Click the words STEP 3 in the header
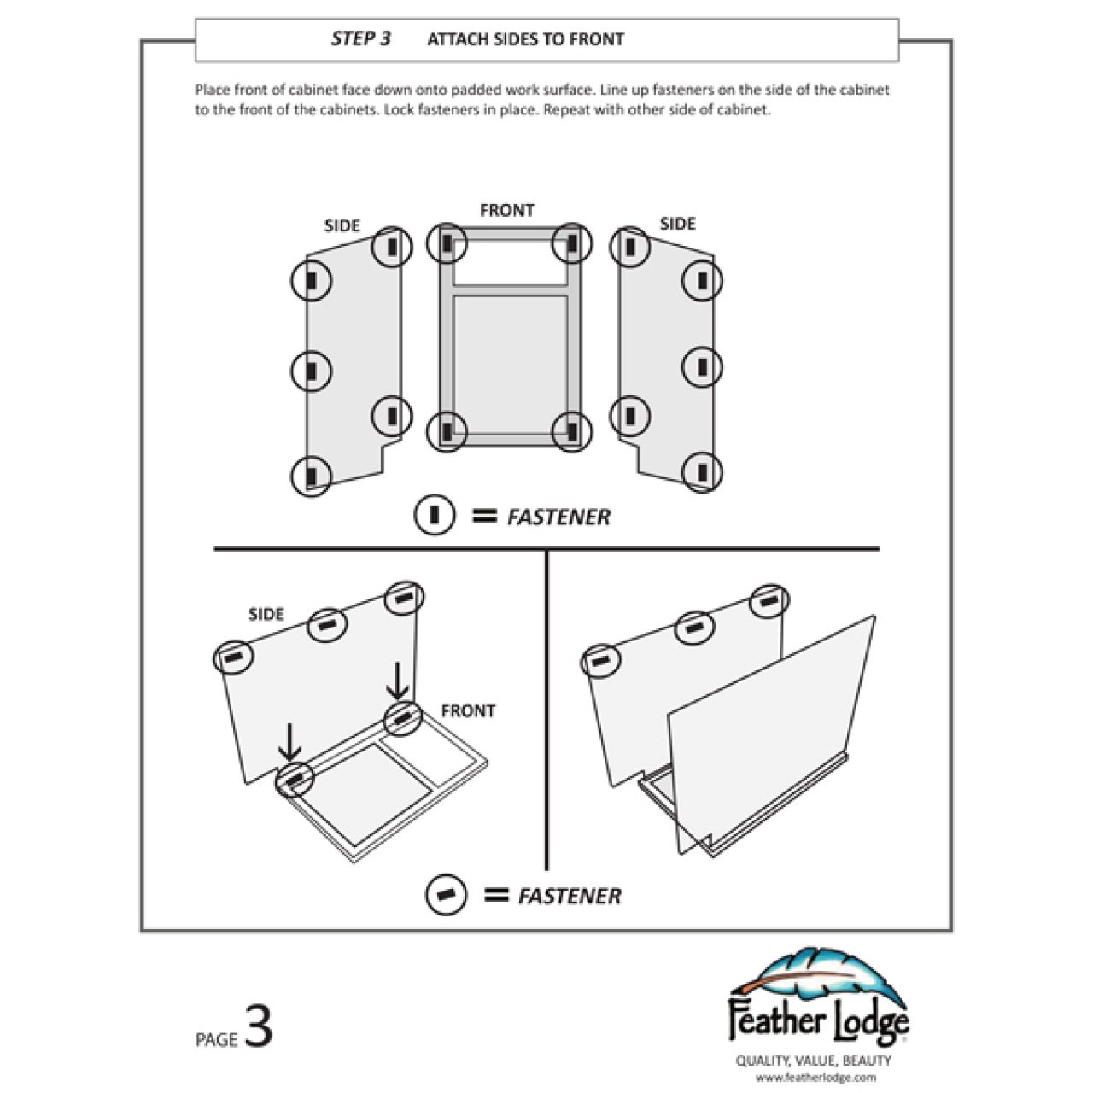point(360,39)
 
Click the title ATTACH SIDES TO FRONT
point(525,39)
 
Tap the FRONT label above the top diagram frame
point(506,210)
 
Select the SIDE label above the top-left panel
point(342,225)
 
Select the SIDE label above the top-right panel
point(677,224)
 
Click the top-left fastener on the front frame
point(447,245)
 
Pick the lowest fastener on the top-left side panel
point(312,476)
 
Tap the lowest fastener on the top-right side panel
point(702,471)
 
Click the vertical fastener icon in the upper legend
point(434,516)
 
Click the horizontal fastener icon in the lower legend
point(445,895)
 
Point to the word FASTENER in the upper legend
point(558,517)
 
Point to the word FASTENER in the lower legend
point(570,896)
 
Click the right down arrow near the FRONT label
point(398,681)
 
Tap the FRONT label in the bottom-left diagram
point(468,710)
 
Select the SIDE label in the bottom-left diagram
point(266,614)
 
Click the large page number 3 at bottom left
point(259,1027)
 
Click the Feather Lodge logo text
point(817,1020)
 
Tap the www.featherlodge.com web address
point(815,1078)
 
